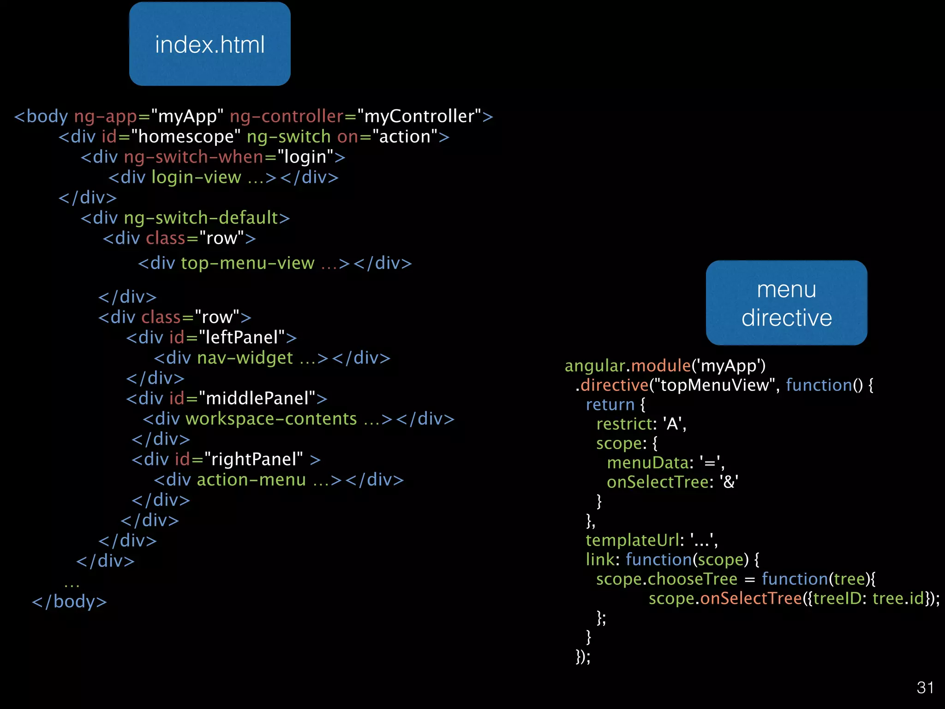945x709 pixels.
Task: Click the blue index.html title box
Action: [210, 44]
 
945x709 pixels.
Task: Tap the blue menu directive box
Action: [786, 303]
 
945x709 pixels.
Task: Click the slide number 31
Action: [925, 688]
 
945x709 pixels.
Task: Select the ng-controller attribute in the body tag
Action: [287, 116]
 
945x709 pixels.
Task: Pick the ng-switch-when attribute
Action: [194, 157]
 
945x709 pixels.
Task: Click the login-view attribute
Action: [196, 177]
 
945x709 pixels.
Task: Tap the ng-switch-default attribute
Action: [201, 218]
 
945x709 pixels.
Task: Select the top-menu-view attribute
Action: [247, 263]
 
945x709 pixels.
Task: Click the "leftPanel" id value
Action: [241, 337]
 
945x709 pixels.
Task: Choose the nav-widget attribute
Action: [245, 358]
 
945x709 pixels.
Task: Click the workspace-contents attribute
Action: [271, 419]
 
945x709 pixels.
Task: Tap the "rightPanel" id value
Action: [253, 459]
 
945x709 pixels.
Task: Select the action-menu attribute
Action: [251, 480]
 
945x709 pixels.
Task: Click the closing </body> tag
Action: [69, 601]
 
